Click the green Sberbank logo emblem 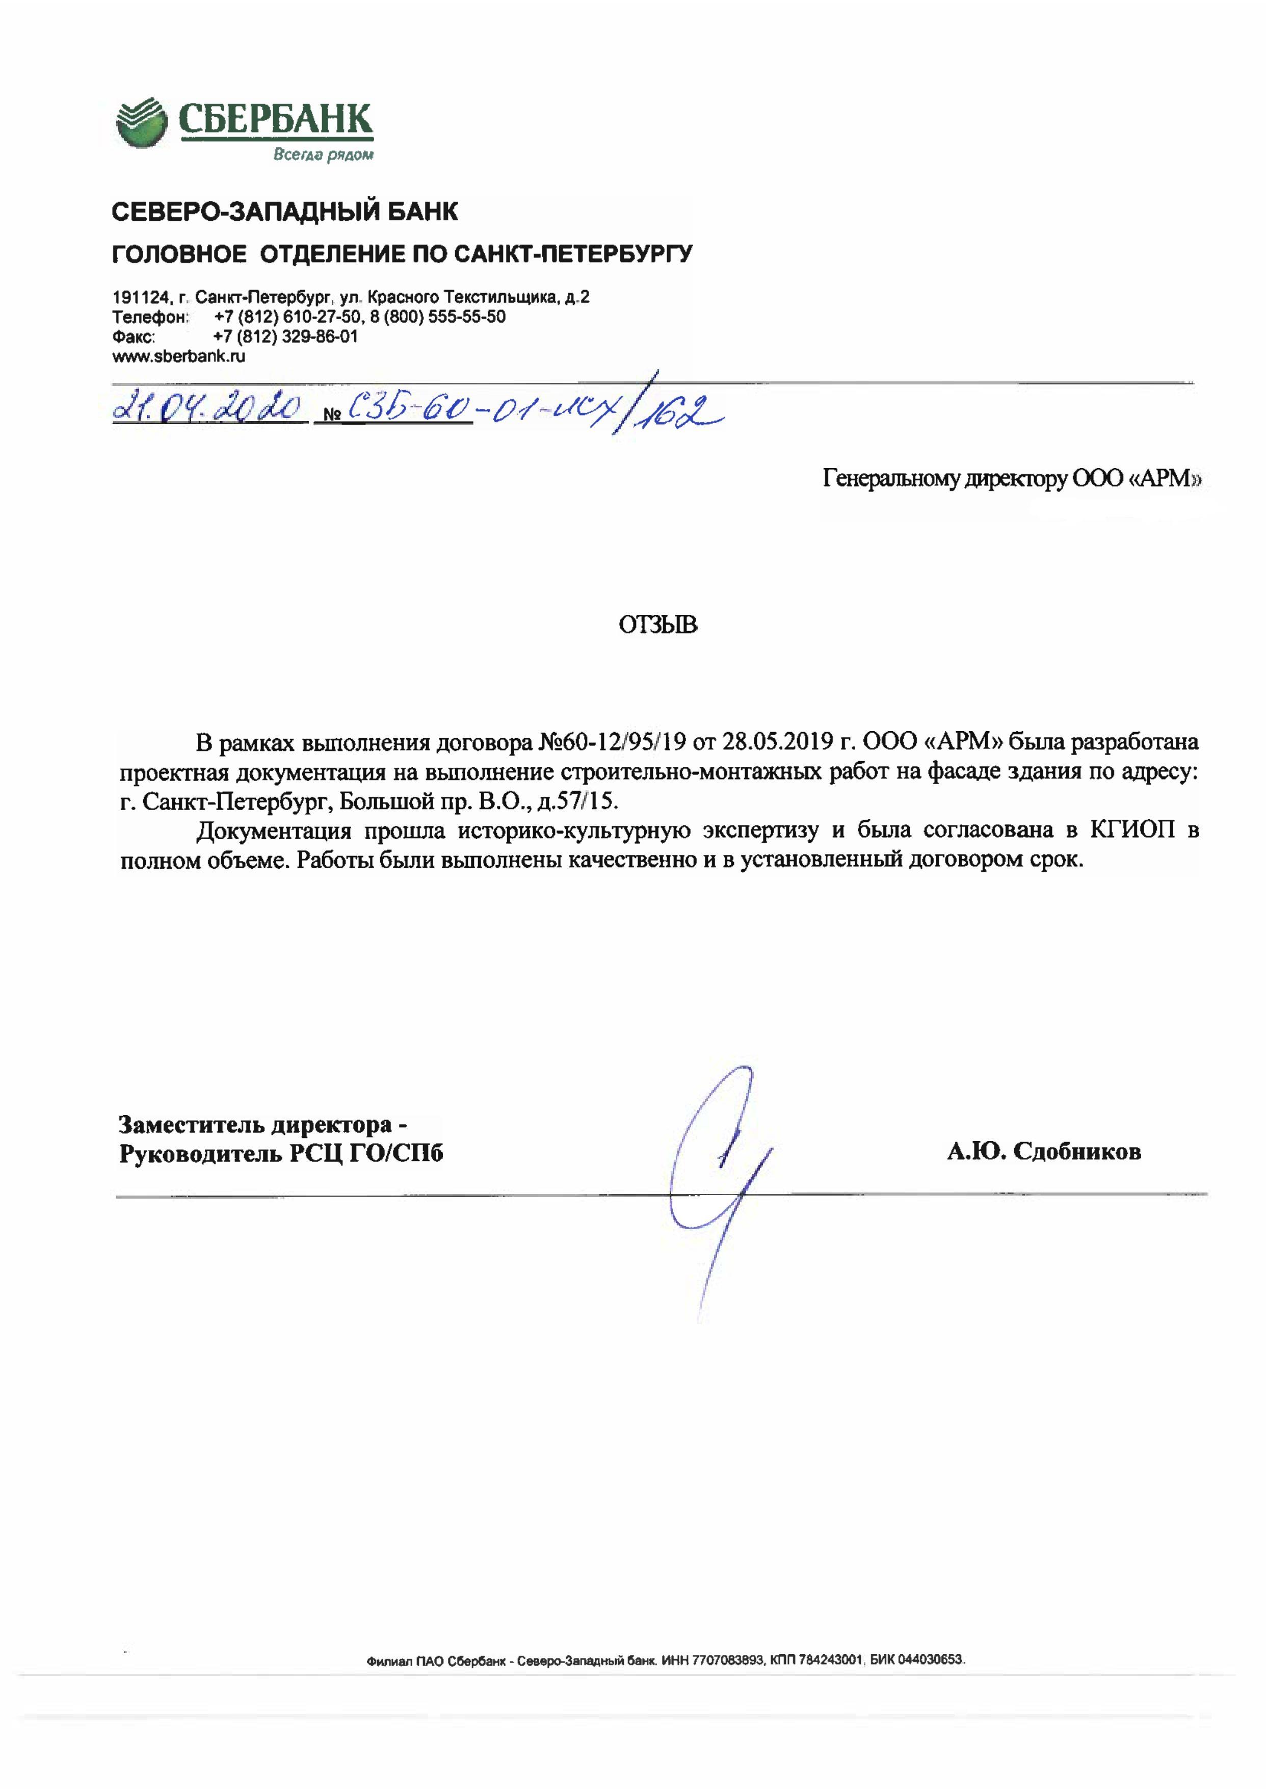click(141, 122)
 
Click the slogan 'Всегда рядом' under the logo click(323, 154)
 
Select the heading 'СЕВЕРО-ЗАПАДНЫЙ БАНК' click(285, 212)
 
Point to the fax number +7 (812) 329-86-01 click(285, 337)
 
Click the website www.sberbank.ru click(178, 356)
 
